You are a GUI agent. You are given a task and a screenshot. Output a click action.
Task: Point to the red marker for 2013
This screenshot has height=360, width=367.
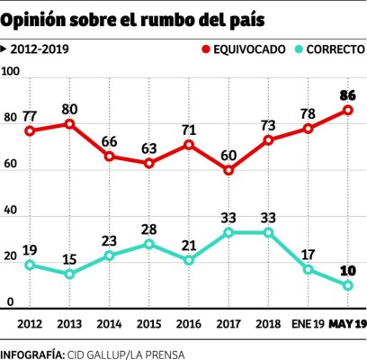(68, 123)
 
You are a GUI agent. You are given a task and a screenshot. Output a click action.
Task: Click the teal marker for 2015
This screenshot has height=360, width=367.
(149, 244)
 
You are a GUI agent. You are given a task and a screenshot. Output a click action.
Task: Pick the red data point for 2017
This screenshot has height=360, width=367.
(229, 170)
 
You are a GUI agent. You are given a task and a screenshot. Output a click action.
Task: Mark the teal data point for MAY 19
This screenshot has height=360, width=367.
(347, 285)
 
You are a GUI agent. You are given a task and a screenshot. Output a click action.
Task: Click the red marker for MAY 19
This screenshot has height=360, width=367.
(347, 111)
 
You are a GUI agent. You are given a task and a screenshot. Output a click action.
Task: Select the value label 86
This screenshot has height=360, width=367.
(347, 94)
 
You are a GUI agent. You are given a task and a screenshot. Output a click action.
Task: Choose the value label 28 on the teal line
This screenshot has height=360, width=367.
(149, 227)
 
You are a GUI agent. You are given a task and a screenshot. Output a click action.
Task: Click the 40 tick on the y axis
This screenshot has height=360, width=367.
(12, 211)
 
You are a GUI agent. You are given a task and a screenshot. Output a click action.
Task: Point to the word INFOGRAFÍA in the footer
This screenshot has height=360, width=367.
(32, 351)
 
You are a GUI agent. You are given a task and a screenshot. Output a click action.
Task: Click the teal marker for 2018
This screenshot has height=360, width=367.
(269, 232)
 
